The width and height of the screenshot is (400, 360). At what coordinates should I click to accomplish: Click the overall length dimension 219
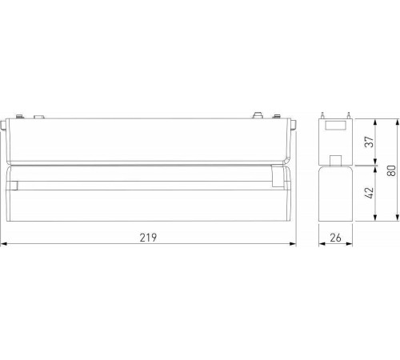(150, 238)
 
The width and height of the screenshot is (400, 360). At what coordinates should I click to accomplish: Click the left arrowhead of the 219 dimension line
(3, 245)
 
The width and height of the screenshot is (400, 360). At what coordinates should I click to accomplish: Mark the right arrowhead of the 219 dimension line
(294, 245)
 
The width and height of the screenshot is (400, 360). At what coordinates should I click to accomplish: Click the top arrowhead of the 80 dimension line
(398, 119)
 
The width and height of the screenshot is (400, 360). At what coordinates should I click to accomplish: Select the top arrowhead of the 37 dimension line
(374, 119)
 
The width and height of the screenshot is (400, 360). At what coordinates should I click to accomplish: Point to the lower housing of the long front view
(148, 200)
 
